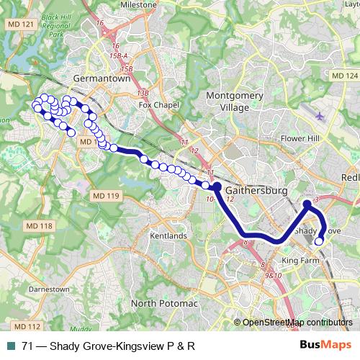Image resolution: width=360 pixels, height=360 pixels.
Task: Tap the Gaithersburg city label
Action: [256, 190]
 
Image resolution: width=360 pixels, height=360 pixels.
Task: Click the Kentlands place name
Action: [167, 236]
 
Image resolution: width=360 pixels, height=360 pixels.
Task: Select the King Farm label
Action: [300, 259]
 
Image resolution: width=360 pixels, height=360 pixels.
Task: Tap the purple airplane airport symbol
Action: [320, 114]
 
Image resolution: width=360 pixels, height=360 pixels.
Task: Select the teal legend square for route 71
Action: [12, 346]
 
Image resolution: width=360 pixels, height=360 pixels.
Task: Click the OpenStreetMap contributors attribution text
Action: [297, 322]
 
